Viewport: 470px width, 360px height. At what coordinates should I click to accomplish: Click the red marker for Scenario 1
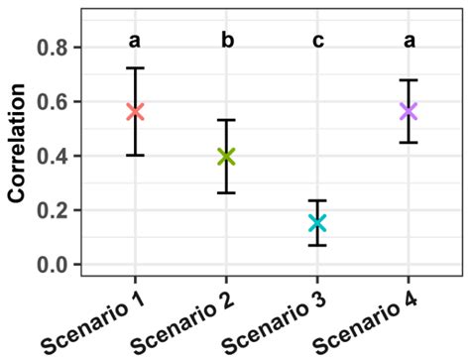(136, 112)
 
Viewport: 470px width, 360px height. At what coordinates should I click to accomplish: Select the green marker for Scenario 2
(226, 156)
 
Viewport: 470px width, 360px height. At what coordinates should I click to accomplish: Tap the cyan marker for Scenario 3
(317, 222)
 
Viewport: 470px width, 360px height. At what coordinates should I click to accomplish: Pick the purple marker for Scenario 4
(408, 111)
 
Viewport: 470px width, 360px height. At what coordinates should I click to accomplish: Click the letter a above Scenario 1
(136, 41)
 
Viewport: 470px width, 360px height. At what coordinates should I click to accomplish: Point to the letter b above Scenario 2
(226, 41)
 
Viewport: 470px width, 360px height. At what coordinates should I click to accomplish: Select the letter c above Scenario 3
(317, 41)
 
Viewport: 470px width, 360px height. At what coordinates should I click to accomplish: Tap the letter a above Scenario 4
(408, 41)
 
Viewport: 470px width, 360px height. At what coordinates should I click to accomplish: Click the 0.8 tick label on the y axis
(53, 48)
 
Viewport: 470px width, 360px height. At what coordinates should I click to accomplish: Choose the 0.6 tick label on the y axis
(53, 102)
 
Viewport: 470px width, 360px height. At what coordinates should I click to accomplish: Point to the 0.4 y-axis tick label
(53, 157)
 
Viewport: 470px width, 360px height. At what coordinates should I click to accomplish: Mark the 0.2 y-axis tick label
(53, 211)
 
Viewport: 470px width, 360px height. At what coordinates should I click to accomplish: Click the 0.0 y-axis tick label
(53, 265)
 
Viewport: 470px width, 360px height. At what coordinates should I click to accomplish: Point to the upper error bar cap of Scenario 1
(136, 68)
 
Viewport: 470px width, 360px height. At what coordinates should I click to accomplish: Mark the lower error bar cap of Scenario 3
(317, 245)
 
